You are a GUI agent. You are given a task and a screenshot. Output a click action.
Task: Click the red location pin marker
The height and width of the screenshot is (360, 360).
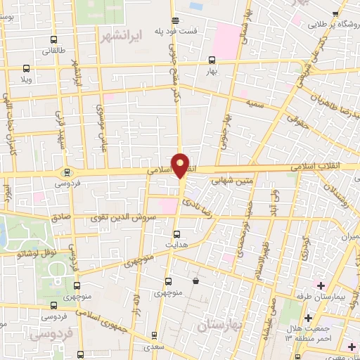(x=181, y=165)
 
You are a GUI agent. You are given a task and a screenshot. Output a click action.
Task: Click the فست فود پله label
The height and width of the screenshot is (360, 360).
(x=191, y=32)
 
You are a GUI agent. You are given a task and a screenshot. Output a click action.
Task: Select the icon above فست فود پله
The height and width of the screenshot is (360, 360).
(x=175, y=20)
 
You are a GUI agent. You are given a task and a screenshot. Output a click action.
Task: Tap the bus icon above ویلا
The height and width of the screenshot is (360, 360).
(x=27, y=68)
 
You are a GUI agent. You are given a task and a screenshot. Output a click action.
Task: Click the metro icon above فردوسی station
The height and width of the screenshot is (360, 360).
(x=67, y=172)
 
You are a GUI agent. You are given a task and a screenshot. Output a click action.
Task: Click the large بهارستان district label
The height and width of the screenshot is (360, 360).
(x=219, y=325)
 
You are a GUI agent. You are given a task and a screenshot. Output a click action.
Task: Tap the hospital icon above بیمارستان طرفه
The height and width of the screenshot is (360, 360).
(x=321, y=285)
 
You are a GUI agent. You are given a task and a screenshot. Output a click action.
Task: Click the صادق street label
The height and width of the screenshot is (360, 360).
(x=62, y=219)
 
